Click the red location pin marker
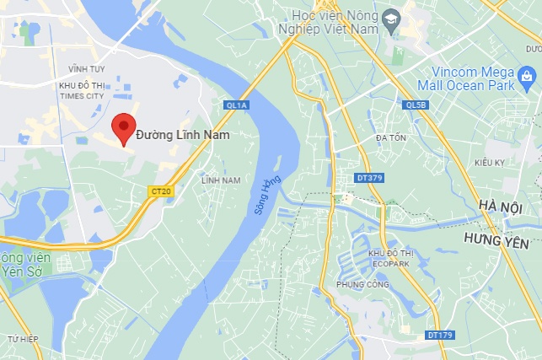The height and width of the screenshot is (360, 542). click(x=124, y=128)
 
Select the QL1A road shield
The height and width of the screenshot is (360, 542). click(x=237, y=105)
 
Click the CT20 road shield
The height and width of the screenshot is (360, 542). click(x=159, y=191)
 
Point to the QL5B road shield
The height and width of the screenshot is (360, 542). click(x=415, y=105)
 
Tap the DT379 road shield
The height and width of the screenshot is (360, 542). click(x=368, y=178)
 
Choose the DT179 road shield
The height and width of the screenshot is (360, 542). click(x=439, y=335)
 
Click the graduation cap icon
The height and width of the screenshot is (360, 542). click(x=390, y=19)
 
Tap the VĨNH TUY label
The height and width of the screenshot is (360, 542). click(x=85, y=67)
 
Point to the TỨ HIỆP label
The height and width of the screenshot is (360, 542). click(x=24, y=338)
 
